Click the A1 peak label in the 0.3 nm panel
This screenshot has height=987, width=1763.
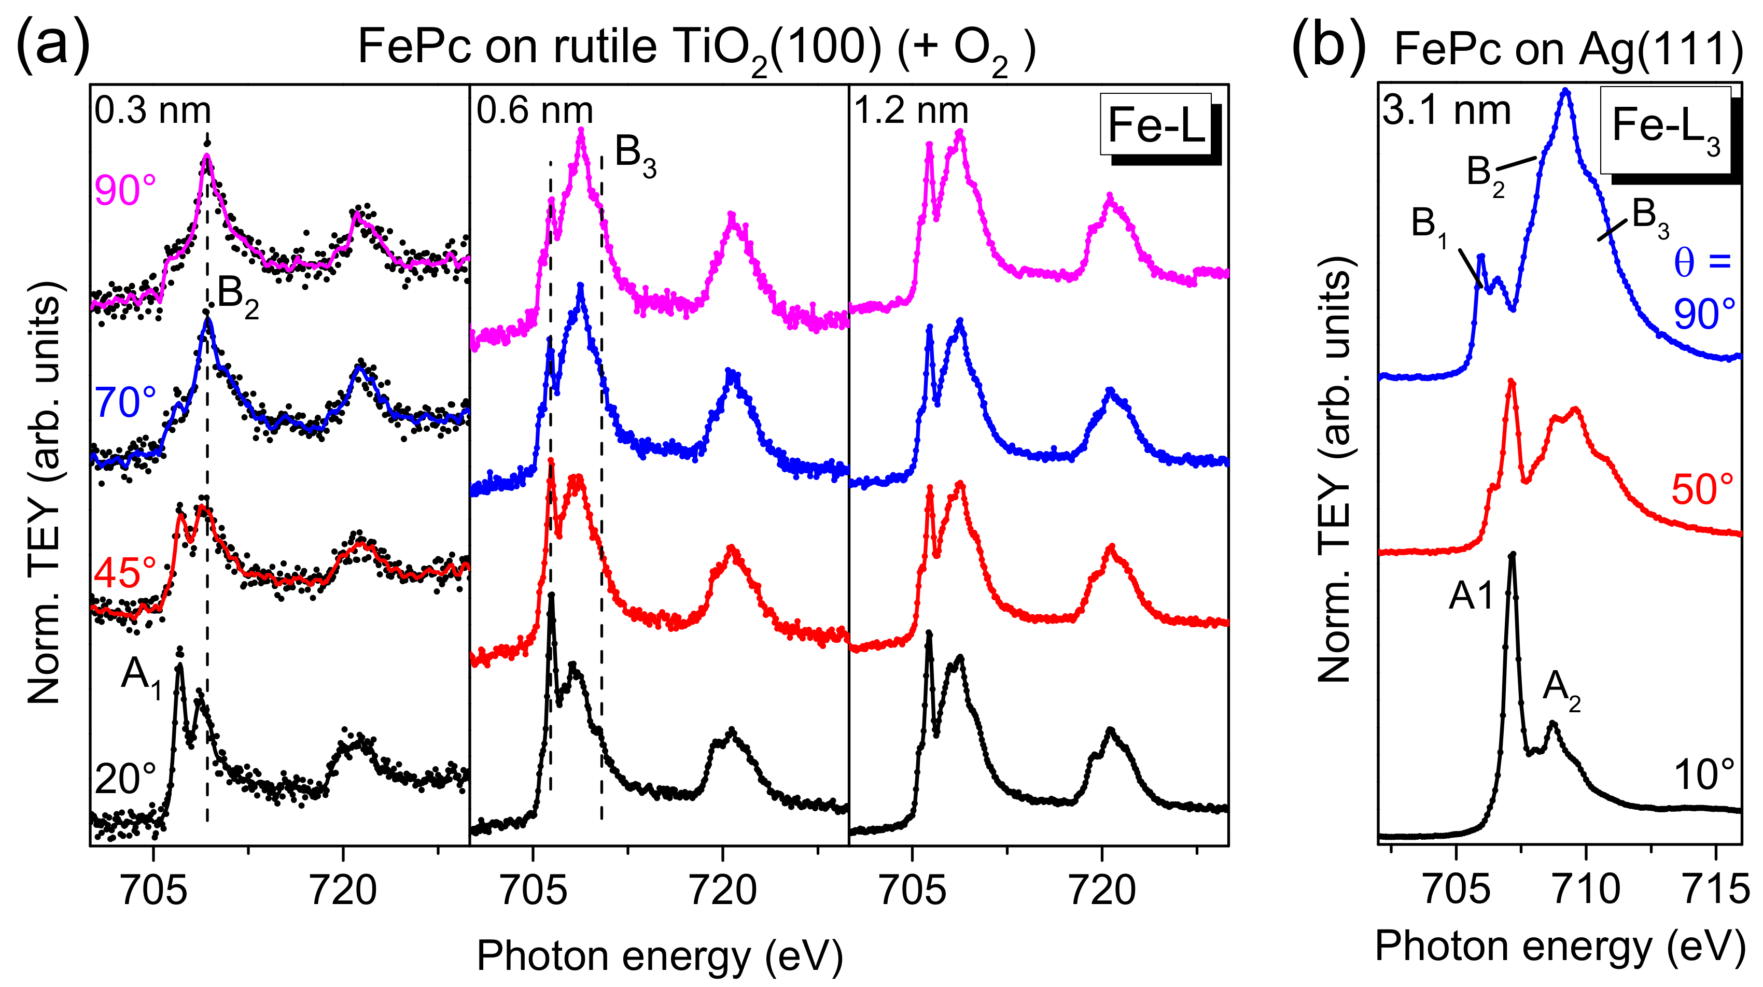pos(141,677)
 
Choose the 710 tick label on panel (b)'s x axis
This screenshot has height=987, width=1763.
pos(1586,890)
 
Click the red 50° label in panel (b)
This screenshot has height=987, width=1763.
pos(1703,490)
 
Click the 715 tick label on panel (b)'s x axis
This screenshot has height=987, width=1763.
pos(1716,890)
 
